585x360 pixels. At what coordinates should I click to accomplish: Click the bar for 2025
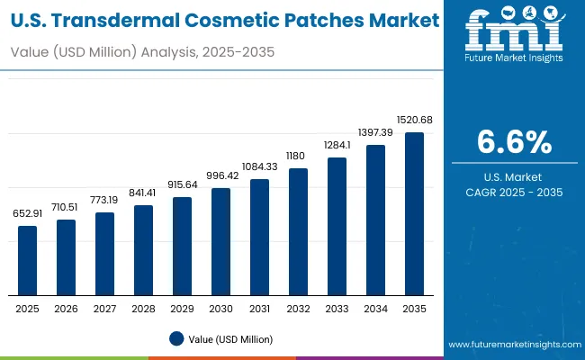click(x=28, y=260)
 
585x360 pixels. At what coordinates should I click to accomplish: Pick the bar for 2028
click(x=144, y=250)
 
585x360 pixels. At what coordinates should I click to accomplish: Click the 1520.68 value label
click(x=414, y=121)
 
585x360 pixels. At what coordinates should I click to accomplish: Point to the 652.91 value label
click(x=28, y=213)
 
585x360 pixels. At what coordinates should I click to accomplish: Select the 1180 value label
click(x=298, y=156)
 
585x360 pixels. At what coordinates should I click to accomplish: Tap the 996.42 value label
click(x=221, y=175)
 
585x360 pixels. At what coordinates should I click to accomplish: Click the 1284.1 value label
click(x=337, y=145)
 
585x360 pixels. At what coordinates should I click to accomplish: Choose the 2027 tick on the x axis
click(x=105, y=308)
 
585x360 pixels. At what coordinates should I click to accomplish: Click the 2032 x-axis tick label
click(x=298, y=308)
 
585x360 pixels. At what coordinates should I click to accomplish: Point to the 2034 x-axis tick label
click(x=375, y=308)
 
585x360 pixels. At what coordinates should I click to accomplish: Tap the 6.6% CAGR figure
click(x=515, y=142)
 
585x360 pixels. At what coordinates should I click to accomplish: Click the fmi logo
click(x=515, y=34)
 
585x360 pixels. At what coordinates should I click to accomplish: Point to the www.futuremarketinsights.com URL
click(x=515, y=345)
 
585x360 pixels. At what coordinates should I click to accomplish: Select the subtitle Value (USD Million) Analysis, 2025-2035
click(x=141, y=53)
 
